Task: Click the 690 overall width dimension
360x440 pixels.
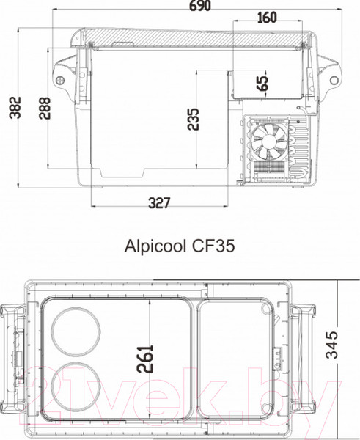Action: (x=200, y=7)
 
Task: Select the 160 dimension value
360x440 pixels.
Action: (x=267, y=18)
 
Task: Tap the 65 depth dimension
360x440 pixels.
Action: (x=262, y=83)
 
